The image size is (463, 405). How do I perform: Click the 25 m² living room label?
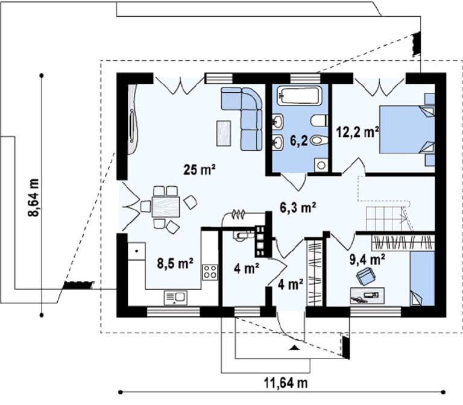point(200,169)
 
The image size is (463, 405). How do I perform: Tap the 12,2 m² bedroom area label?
point(358,132)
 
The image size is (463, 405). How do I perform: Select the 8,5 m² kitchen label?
point(175,263)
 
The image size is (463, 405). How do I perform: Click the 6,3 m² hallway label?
point(298,207)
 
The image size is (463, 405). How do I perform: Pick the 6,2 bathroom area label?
point(298,141)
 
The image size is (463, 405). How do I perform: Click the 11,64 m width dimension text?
point(286,383)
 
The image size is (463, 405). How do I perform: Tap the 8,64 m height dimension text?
point(33,198)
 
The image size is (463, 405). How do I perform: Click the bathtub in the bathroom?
point(299,95)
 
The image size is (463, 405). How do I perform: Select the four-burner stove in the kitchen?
point(210,272)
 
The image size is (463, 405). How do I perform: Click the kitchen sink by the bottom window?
point(175,298)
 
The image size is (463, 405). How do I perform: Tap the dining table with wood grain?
point(166,207)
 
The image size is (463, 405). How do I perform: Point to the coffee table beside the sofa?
point(224,133)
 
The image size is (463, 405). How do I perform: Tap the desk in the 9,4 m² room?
point(367,295)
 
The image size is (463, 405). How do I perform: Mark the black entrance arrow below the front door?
point(294,347)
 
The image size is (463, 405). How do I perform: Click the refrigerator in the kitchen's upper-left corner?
point(136,251)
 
